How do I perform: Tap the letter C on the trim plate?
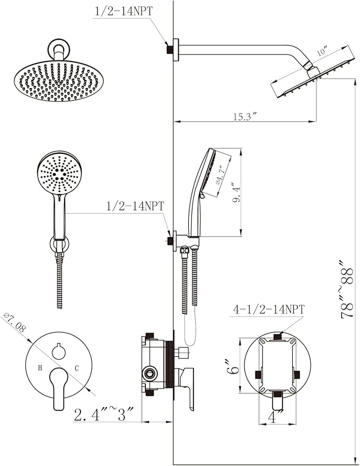click(x=76, y=367)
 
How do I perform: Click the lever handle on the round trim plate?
click(x=58, y=387)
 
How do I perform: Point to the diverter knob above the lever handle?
click(x=59, y=350)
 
